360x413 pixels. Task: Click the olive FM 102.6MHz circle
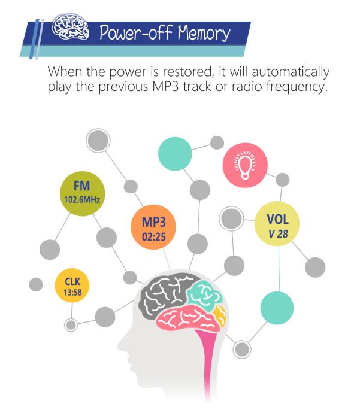click(83, 193)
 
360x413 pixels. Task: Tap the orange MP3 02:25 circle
click(153, 227)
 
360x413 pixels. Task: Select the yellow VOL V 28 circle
click(277, 223)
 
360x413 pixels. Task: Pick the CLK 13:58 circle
click(72, 286)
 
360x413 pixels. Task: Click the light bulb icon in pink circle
click(245, 165)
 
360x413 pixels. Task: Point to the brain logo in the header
click(70, 26)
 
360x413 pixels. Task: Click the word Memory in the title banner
click(204, 33)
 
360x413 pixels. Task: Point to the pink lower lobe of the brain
click(188, 320)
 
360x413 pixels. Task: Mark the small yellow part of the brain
click(220, 315)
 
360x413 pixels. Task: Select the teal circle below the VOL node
click(277, 308)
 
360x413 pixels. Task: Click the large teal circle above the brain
click(175, 154)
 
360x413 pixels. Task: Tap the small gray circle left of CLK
click(36, 284)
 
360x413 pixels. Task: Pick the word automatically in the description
click(291, 72)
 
